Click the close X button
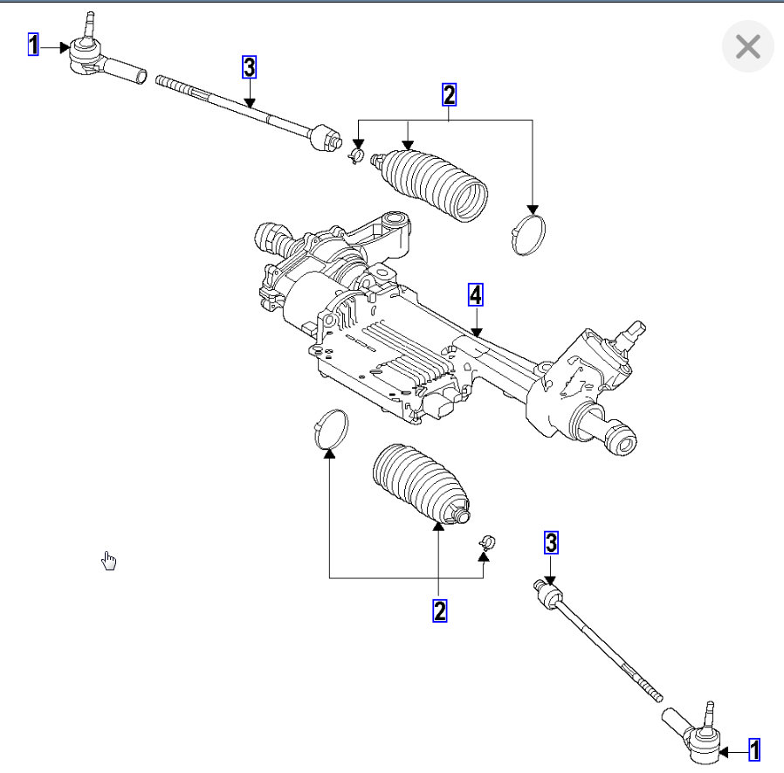(x=748, y=46)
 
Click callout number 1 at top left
(x=33, y=45)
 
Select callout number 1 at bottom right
(x=754, y=749)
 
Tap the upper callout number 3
(x=250, y=66)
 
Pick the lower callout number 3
(x=551, y=542)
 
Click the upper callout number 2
(x=449, y=94)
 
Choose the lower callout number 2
(x=439, y=610)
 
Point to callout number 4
(x=475, y=296)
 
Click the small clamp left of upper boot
(x=355, y=155)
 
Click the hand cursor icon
(x=109, y=561)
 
